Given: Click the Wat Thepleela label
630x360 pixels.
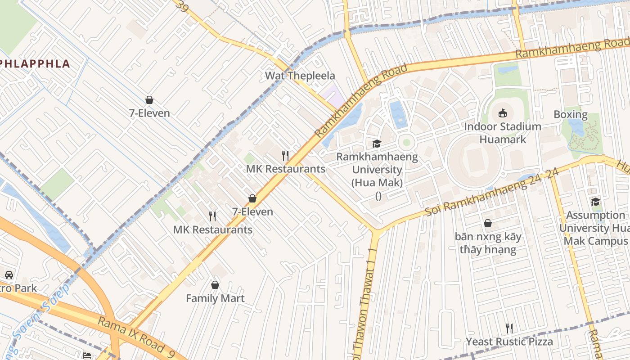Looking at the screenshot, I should [x=300, y=76].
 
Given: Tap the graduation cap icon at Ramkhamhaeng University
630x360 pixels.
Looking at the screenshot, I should [x=377, y=144].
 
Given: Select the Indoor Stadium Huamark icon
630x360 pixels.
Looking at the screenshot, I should [x=503, y=113].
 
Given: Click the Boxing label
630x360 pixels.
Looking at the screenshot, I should [x=570, y=114].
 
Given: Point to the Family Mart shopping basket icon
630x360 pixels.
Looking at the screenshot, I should [x=215, y=285].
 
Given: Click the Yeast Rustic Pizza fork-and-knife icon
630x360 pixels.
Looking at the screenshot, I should [x=509, y=328].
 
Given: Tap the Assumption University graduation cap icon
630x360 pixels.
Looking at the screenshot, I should [x=595, y=202].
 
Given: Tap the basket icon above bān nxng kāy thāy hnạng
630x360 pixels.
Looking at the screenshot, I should [x=487, y=223].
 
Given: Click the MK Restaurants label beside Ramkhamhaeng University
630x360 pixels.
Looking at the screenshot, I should [x=285, y=169].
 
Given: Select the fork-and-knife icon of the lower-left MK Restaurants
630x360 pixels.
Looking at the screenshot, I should [x=212, y=216].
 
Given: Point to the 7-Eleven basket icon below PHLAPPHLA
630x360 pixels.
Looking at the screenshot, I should [x=149, y=100].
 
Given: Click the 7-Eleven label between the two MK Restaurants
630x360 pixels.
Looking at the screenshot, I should [x=252, y=211].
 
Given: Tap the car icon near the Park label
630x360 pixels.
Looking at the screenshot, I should [x=9, y=274].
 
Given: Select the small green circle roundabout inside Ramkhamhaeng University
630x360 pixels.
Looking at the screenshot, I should [x=406, y=142].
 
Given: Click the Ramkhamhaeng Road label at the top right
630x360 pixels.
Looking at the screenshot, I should [x=571, y=48].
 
